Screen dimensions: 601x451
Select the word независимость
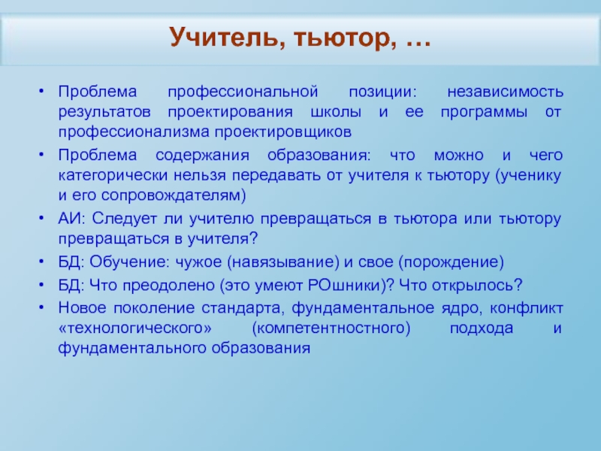505,92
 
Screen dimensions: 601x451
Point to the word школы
336,112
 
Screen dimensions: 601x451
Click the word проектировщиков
283,132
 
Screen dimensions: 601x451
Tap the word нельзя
200,175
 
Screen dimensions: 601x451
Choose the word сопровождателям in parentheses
174,195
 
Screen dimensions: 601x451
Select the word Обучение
129,262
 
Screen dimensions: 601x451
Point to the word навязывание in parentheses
283,262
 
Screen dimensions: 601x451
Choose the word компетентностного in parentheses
331,328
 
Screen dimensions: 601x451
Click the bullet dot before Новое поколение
41,307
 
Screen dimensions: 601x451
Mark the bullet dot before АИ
41,217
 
